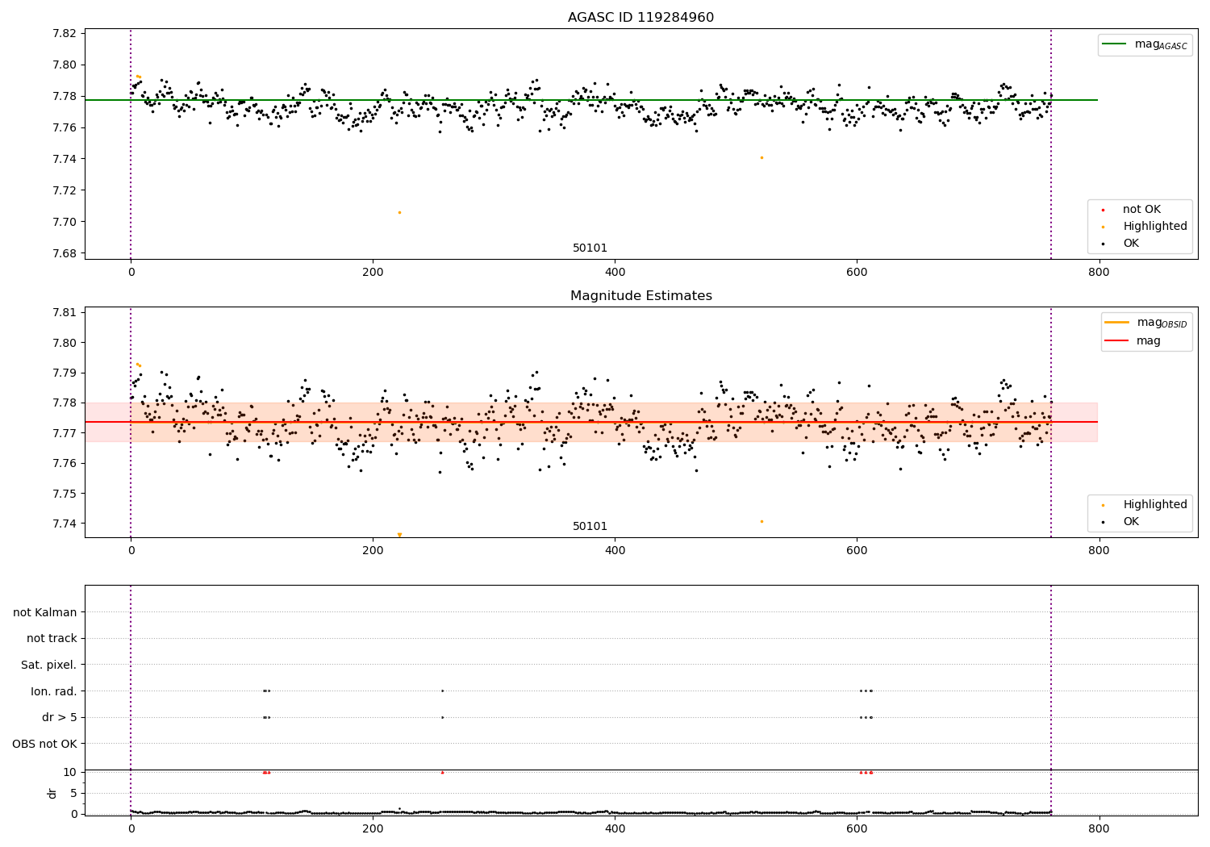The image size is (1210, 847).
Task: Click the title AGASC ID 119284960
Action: point(640,18)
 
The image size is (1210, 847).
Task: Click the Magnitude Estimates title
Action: point(640,296)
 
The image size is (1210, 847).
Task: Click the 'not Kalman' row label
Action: point(45,612)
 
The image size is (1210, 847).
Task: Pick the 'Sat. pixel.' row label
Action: point(49,665)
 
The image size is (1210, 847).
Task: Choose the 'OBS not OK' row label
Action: point(45,744)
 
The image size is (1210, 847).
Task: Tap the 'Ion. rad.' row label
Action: point(54,691)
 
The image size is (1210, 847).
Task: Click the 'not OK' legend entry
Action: point(1141,210)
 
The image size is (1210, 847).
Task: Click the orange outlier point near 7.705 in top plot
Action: point(399,212)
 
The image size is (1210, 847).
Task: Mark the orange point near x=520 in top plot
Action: point(761,157)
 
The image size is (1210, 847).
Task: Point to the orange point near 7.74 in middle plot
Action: point(761,521)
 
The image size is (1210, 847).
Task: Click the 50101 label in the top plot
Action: point(590,248)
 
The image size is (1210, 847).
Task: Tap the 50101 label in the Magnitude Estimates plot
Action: point(590,527)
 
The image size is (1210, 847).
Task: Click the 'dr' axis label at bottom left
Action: point(52,793)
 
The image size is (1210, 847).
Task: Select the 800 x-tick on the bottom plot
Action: point(1099,827)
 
